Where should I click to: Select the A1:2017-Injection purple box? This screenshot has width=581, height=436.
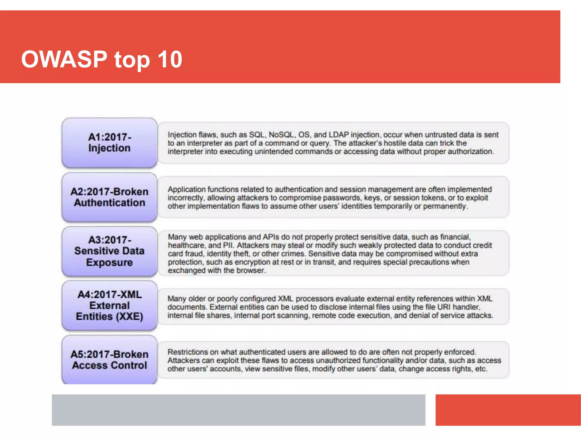[x=110, y=142]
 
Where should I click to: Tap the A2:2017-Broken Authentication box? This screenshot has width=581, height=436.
[x=110, y=197]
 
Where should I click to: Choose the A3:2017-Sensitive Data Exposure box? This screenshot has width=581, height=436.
[x=110, y=251]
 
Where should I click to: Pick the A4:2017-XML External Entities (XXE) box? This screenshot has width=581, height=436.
[x=110, y=305]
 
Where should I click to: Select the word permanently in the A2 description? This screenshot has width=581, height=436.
[x=445, y=206]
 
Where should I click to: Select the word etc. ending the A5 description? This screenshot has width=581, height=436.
[x=481, y=369]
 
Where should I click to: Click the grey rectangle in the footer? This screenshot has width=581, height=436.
[x=238, y=410]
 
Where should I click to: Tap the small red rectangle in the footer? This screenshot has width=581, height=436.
[x=508, y=410]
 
